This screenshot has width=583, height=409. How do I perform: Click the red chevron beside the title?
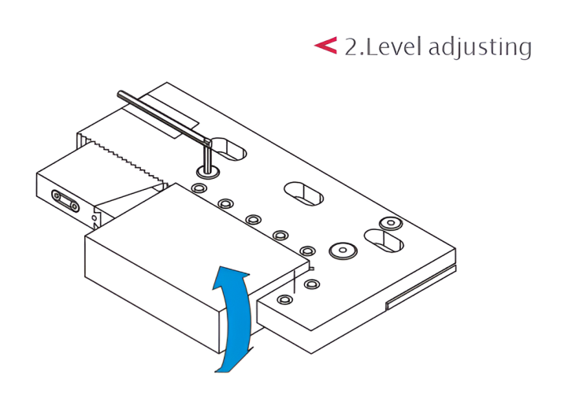tap(326, 46)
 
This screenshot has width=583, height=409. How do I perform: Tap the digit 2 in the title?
tap(351, 46)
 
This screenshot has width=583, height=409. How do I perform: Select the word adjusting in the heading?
tap(480, 48)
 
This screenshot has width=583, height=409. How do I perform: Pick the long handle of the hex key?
tap(164, 117)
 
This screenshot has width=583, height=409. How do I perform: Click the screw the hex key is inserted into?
tap(207, 172)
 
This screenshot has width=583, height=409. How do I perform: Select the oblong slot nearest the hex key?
tap(230, 150)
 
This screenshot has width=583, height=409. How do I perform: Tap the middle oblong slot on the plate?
tap(304, 194)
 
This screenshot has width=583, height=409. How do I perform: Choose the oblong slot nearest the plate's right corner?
tap(384, 240)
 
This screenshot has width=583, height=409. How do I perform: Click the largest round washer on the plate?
tap(343, 251)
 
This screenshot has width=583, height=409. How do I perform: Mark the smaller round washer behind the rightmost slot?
tap(391, 223)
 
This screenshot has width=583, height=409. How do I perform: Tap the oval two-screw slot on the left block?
tap(65, 201)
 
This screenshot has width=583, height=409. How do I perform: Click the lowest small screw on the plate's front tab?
tap(284, 299)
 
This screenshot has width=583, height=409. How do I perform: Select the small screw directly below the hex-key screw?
tap(199, 188)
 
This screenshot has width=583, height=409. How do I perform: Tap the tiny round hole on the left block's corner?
tap(95, 218)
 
